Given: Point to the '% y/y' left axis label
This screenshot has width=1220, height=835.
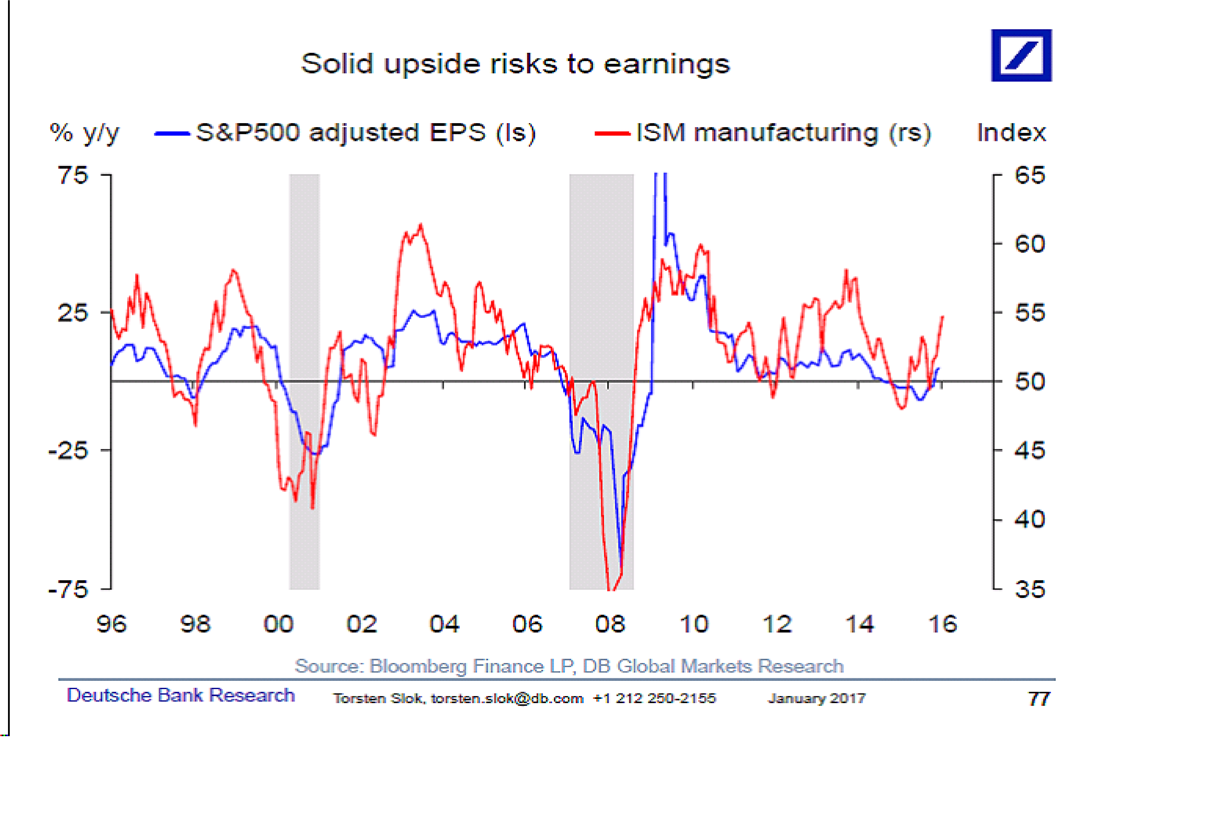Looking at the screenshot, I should coord(84,133).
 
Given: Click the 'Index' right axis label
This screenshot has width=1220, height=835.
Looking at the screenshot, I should coord(1011,133).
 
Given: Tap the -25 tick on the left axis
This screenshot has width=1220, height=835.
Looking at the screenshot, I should coord(68,450).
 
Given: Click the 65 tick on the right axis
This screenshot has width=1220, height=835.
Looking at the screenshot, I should coord(1030,175).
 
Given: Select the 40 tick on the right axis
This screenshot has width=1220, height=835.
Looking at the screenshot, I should coord(1030,520).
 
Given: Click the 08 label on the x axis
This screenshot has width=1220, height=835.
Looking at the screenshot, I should coord(610,624).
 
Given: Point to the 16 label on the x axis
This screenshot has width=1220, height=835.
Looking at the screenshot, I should coord(942,624).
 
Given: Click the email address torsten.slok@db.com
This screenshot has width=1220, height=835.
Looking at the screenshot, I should coord(507,699).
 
